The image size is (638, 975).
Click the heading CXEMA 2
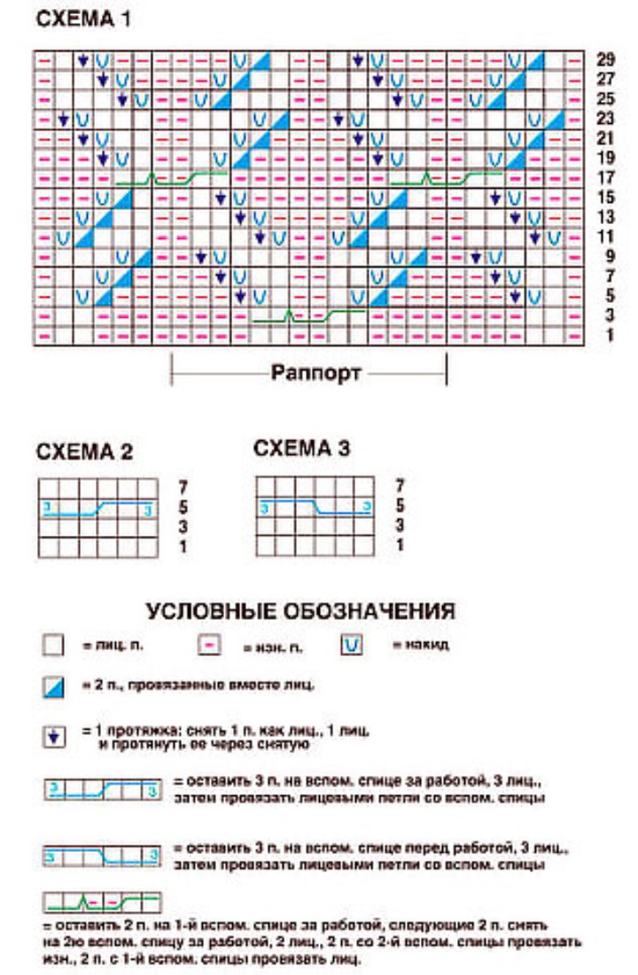point(84,452)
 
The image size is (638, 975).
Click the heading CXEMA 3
point(301,448)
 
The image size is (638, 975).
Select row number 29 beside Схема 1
point(606,60)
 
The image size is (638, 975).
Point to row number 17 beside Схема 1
point(606,177)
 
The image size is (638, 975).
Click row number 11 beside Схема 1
point(606,236)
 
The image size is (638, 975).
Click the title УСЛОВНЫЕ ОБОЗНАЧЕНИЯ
point(300,612)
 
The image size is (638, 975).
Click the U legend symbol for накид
point(352,645)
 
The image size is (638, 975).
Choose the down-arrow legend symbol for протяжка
point(53,737)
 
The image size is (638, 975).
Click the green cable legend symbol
point(102,903)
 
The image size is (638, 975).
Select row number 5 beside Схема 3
point(400,506)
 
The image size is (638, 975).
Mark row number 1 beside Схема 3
point(400,546)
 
